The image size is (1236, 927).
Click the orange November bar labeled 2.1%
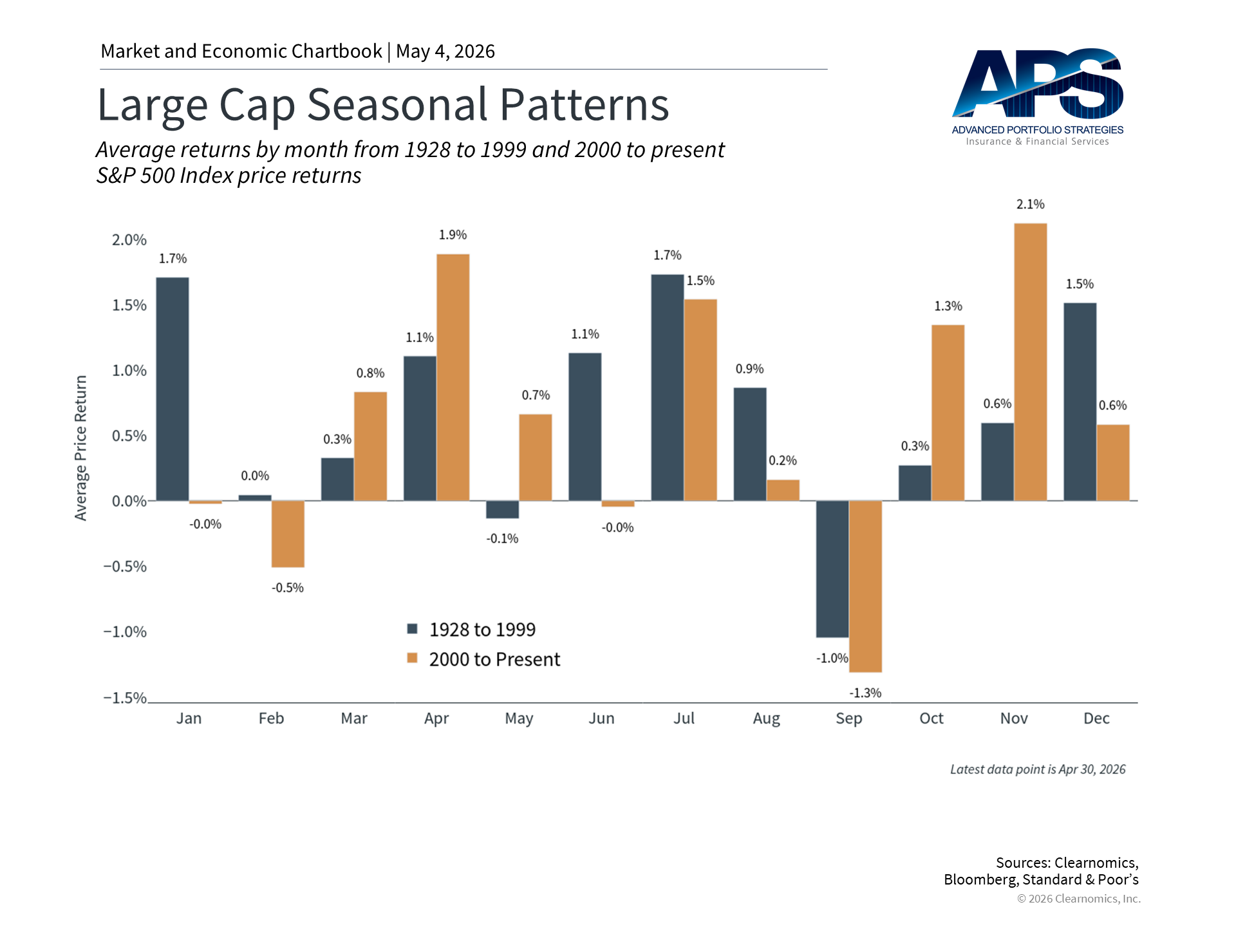tap(1030, 362)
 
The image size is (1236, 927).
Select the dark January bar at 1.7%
tap(173, 389)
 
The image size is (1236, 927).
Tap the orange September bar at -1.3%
tap(865, 586)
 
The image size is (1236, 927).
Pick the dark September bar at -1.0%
tap(832, 569)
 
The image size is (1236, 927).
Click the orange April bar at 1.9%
tap(453, 377)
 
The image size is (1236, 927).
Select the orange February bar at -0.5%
tap(288, 534)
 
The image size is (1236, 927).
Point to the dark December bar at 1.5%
tap(1080, 402)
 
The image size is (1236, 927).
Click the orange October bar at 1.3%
tap(948, 413)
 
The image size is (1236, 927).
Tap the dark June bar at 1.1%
tap(585, 427)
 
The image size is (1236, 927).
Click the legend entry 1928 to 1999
tap(471, 630)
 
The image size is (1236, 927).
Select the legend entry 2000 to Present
tap(483, 659)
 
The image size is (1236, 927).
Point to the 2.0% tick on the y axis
tap(129, 240)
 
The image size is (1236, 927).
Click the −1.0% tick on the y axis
tap(125, 632)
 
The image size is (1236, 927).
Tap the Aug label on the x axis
tap(767, 718)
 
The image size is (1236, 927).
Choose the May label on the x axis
tap(519, 718)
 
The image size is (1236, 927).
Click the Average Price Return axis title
tap(80, 448)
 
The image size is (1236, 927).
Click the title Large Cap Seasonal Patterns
tap(383, 104)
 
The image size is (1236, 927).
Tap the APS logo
tap(1038, 97)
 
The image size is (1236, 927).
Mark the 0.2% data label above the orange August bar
tap(783, 460)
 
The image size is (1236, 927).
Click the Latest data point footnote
tap(1038, 769)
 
